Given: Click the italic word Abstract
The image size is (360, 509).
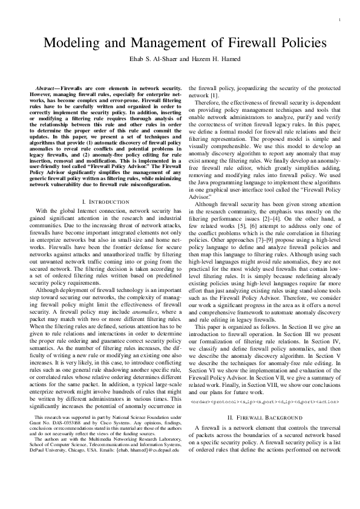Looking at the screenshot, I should tap(45, 88).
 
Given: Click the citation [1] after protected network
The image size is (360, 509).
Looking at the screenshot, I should tap(214, 96).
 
